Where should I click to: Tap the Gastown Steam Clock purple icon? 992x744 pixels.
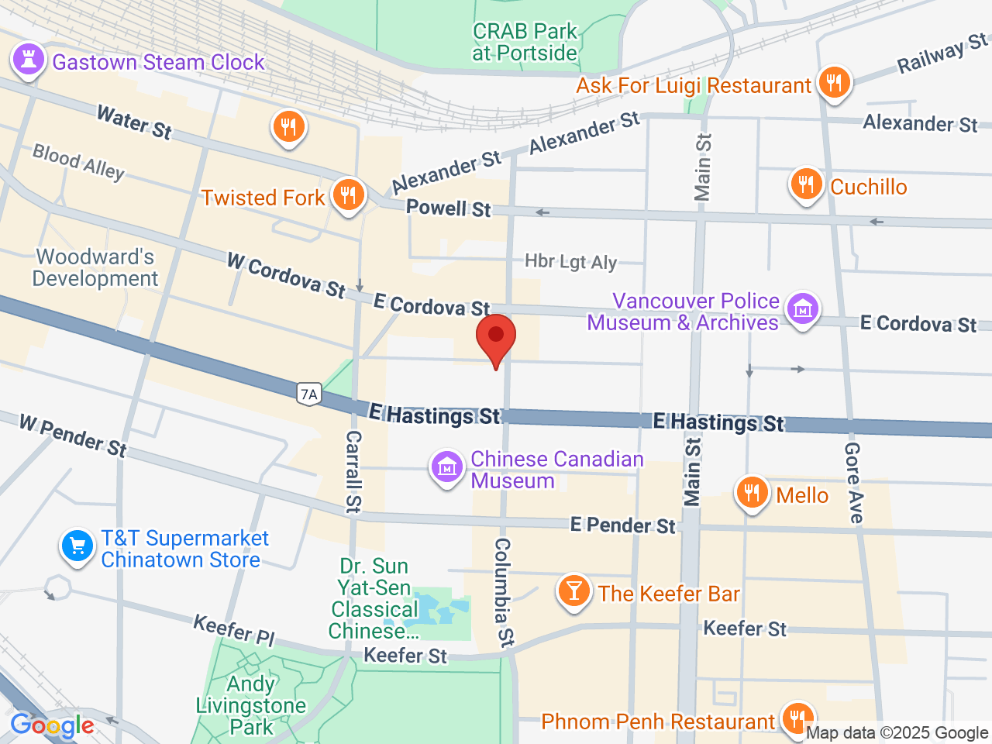pyautogui.click(x=29, y=59)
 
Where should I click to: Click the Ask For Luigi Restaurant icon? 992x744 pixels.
pyautogui.click(x=834, y=81)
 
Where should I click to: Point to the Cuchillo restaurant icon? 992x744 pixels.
pyautogui.click(x=807, y=184)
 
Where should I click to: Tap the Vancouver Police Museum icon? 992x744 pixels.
pyautogui.click(x=802, y=309)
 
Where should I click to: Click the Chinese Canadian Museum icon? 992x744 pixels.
pyautogui.click(x=447, y=467)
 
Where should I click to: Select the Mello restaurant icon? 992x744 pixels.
pyautogui.click(x=751, y=492)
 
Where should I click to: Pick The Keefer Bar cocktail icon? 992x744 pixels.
pyautogui.click(x=574, y=591)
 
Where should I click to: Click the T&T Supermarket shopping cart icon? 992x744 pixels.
pyautogui.click(x=77, y=546)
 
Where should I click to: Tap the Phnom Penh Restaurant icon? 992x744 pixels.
pyautogui.click(x=796, y=718)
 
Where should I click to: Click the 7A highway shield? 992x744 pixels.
pyautogui.click(x=308, y=394)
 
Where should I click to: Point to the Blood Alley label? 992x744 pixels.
pyautogui.click(x=78, y=162)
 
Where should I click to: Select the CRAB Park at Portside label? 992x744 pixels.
pyautogui.click(x=525, y=42)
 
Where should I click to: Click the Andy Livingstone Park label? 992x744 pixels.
pyautogui.click(x=251, y=705)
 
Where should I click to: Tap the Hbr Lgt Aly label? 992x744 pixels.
pyautogui.click(x=571, y=262)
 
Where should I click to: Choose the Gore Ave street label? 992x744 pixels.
pyautogui.click(x=853, y=482)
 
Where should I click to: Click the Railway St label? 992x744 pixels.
pyautogui.click(x=942, y=53)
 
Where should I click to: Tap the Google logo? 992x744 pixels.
pyautogui.click(x=52, y=726)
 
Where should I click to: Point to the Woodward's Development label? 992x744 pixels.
pyautogui.click(x=95, y=267)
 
